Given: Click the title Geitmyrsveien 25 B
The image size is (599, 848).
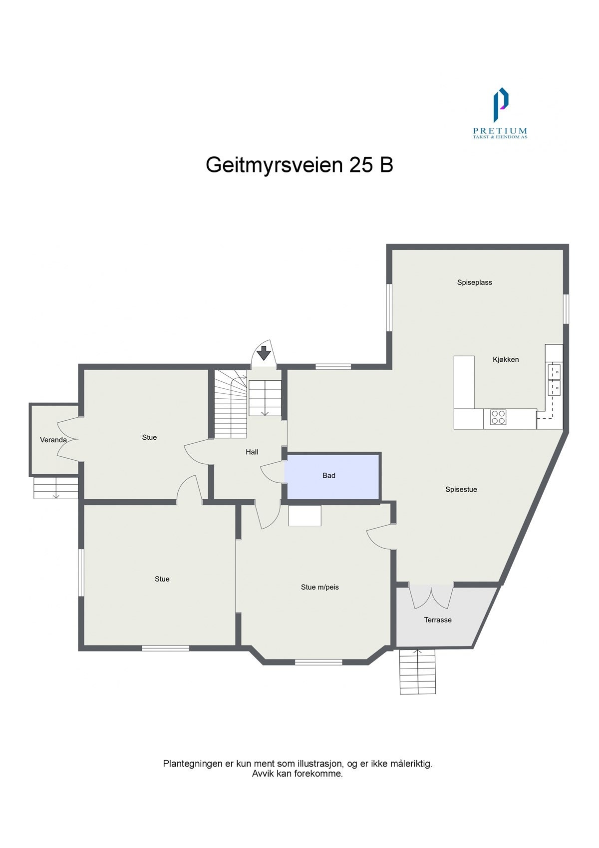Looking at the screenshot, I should [299, 165].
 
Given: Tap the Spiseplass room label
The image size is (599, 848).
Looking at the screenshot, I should [474, 282].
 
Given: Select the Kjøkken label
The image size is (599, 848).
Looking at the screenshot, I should [506, 359].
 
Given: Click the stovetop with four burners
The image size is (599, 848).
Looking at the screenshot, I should [498, 417].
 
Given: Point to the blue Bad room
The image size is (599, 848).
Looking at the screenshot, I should [332, 476].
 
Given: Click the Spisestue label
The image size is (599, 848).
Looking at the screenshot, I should [461, 490].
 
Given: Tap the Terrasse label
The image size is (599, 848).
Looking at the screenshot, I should [438, 620].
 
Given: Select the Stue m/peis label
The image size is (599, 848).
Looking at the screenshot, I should [319, 587].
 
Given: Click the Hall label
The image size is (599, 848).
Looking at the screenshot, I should [252, 452].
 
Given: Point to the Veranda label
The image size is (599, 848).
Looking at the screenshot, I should [53, 440].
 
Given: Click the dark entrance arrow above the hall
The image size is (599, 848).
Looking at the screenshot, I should [264, 353].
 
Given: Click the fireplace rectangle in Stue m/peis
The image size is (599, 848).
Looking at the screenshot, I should [304, 515].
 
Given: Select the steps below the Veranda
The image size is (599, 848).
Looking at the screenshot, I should [55, 488].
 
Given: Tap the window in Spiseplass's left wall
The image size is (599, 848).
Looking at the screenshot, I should [389, 307].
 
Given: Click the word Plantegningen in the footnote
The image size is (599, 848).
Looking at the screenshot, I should [192, 764].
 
